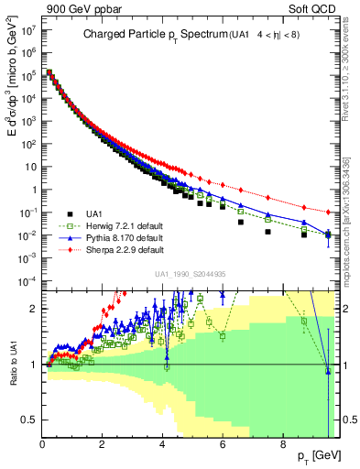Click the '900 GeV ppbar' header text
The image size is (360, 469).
click(46, 7)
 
